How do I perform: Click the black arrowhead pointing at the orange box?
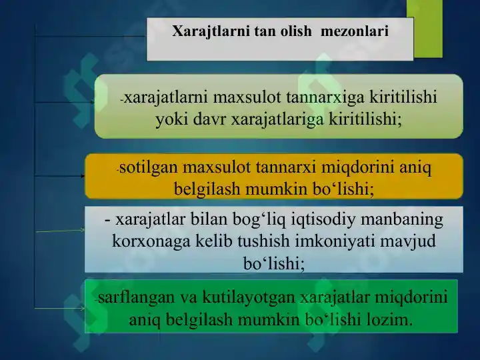83,176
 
